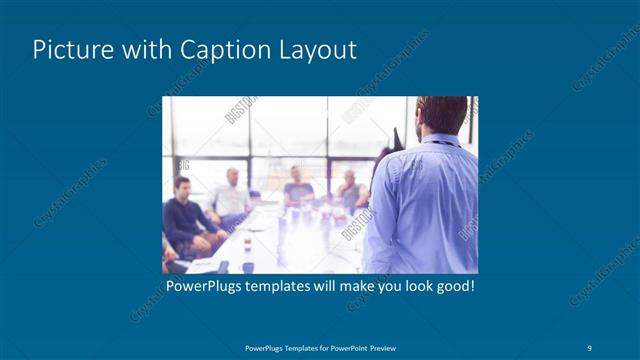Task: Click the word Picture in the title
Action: coord(68,50)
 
